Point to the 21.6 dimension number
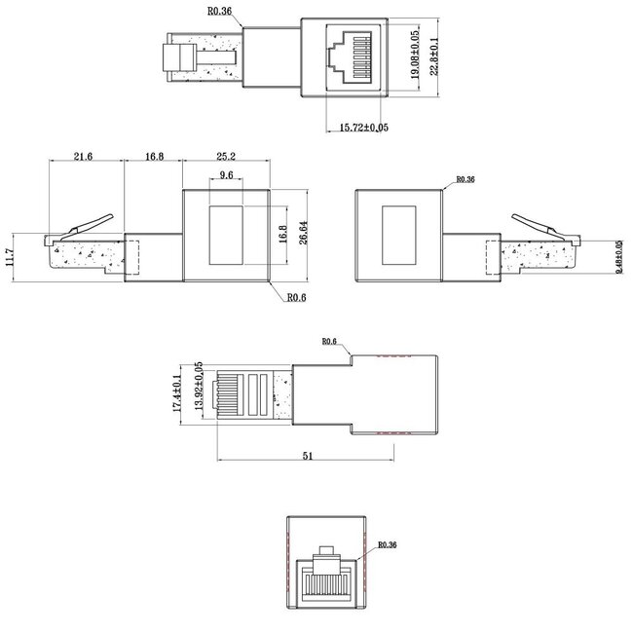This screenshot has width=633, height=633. click(x=84, y=155)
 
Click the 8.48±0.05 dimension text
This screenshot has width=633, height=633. click(x=619, y=257)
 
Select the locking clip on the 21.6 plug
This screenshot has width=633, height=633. click(x=91, y=221)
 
